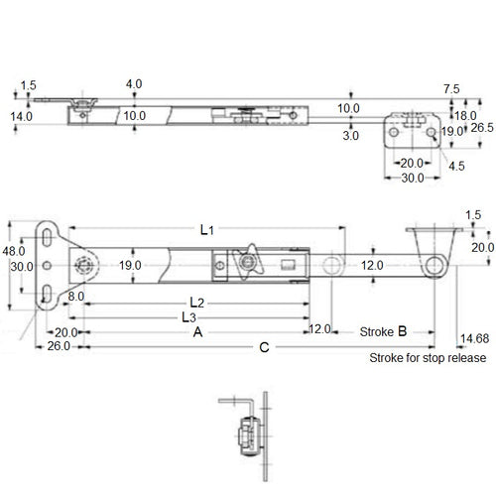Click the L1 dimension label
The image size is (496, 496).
pos(206,229)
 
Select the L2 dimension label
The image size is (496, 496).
pos(196,301)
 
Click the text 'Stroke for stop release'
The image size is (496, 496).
pos(428,358)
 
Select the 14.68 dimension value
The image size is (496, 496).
pos(474,338)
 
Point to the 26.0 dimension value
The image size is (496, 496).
pos(59,346)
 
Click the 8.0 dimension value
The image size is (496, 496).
pos(76,297)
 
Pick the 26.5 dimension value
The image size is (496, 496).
pos(482,128)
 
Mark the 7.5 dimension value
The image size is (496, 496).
pos(452,88)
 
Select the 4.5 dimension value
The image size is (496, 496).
pos(455,167)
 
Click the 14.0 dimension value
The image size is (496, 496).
pos(22,116)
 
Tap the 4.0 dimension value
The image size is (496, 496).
pos(134,84)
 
